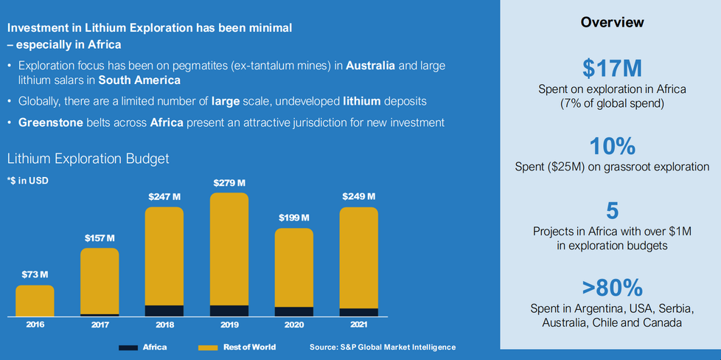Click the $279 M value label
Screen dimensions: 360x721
click(x=229, y=182)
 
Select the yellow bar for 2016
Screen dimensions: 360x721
click(x=35, y=300)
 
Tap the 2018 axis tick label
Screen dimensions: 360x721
click(x=164, y=324)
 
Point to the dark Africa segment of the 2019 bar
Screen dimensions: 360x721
click(x=229, y=311)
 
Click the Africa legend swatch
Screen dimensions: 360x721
click(x=128, y=347)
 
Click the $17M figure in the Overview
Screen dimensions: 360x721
click(x=612, y=68)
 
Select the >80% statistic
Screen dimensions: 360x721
click(x=612, y=286)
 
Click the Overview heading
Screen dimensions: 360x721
click(x=612, y=22)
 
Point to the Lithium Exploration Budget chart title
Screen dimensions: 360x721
click(x=88, y=158)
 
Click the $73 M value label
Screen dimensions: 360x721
click(x=35, y=274)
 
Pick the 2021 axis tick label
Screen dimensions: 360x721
click(x=358, y=324)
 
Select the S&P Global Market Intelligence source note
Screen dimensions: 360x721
click(x=383, y=347)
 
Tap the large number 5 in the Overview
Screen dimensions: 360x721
click(x=612, y=210)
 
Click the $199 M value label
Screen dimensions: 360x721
click(x=294, y=218)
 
